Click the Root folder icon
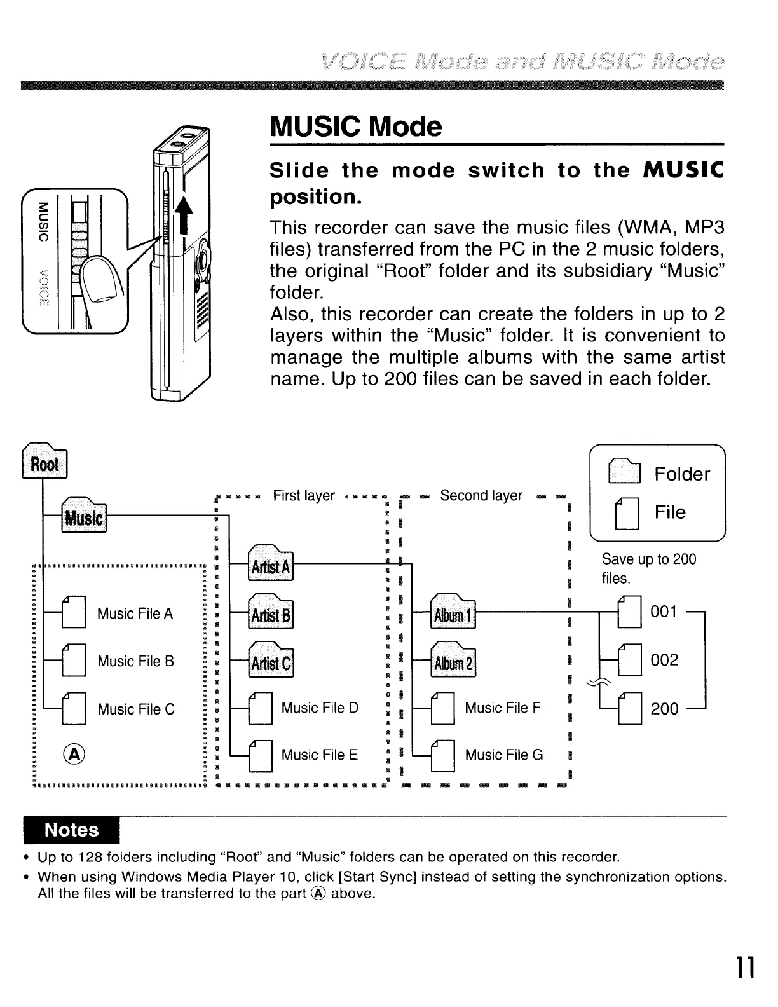tap(44, 462)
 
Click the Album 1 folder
tap(453, 612)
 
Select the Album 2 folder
tap(453, 661)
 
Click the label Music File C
tap(135, 709)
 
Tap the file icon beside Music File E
tap(261, 755)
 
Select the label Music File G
tap(504, 755)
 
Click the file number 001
tap(664, 612)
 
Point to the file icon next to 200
tap(629, 708)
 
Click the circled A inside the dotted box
tap(74, 754)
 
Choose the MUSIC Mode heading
tap(355, 127)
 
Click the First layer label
tap(304, 496)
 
